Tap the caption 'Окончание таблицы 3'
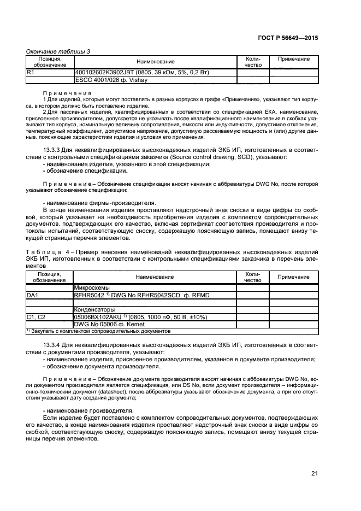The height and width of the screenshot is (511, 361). tap(58, 51)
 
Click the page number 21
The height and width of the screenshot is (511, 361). tap(314, 473)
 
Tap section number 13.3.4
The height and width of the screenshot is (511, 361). tap(52, 344)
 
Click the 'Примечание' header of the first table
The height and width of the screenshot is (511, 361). tap(293, 59)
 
